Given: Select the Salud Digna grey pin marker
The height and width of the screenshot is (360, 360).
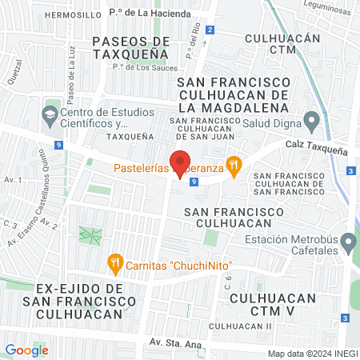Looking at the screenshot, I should click(313, 122).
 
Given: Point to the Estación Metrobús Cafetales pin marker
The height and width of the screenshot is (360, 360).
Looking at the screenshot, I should click(349, 241).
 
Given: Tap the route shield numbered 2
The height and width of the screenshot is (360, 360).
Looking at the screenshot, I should click(210, 30).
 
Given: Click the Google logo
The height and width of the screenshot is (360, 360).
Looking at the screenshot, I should click(26, 350).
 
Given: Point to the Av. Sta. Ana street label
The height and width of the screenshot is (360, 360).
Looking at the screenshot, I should click(175, 342).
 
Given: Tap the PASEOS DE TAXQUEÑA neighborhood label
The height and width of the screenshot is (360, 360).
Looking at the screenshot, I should click(130, 47).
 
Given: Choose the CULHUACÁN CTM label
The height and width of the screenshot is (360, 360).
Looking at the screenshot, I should click(282, 45).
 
